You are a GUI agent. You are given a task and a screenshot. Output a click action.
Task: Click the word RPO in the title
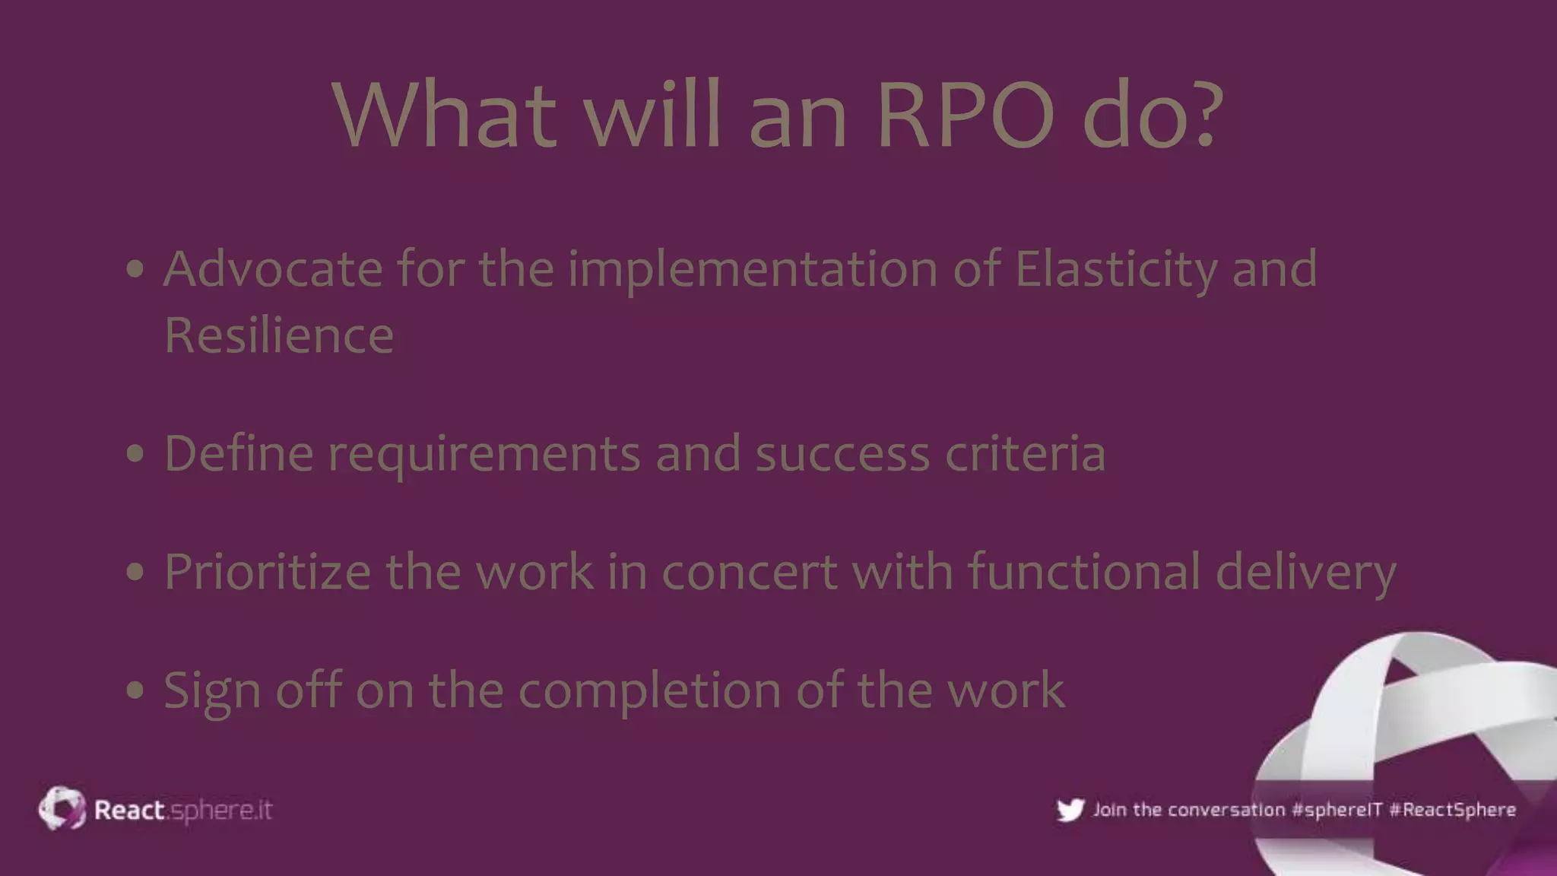point(966,116)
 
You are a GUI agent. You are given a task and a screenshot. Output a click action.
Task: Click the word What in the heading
point(444,116)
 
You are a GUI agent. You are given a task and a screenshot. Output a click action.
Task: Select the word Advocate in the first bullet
point(272,269)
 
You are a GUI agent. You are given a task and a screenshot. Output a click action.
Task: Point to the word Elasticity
point(1115,271)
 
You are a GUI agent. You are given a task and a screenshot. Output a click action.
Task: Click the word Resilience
point(278,335)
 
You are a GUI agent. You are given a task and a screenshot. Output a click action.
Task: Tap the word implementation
point(753,271)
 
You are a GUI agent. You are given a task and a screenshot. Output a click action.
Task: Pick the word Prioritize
point(267,572)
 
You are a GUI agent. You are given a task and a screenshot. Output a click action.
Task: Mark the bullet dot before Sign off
point(135,690)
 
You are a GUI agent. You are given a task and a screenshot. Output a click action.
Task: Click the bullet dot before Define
point(135,454)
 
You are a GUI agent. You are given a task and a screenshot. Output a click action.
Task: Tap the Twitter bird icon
point(1070,810)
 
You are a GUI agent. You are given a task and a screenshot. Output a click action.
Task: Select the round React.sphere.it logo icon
point(62,808)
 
